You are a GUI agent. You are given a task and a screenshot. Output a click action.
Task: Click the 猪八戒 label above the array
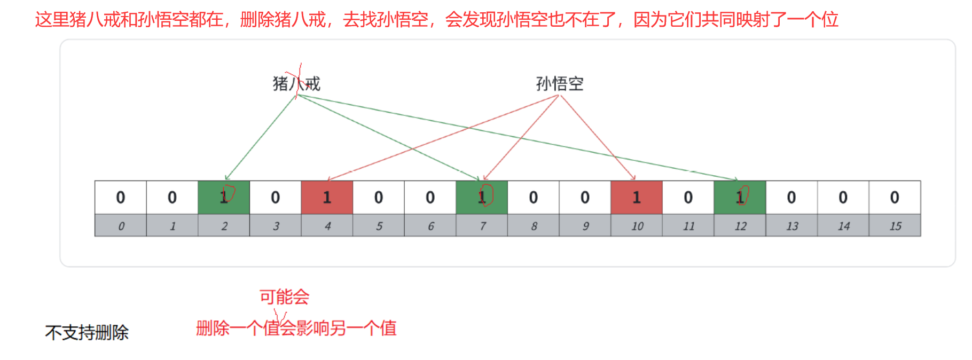click(x=296, y=84)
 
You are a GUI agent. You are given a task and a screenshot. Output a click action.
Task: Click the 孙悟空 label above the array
click(x=560, y=84)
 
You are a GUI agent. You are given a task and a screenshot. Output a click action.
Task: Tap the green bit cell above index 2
click(x=224, y=198)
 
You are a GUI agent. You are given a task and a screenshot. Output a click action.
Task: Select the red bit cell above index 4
click(x=327, y=198)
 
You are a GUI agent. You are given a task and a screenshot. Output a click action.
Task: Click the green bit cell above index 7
click(x=482, y=198)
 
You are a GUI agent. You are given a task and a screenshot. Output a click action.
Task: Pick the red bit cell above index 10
click(x=637, y=198)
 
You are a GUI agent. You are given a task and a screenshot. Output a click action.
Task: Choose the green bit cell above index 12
click(x=740, y=198)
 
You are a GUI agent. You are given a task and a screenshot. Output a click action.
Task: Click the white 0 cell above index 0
click(x=121, y=198)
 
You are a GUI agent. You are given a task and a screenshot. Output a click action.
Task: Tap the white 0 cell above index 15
click(x=895, y=198)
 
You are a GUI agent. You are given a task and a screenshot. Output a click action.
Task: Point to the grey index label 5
click(x=379, y=226)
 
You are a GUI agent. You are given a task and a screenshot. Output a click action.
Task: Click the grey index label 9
click(x=585, y=226)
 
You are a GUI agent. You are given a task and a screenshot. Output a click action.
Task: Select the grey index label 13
click(x=791, y=226)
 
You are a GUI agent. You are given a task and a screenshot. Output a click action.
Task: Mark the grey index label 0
click(x=121, y=226)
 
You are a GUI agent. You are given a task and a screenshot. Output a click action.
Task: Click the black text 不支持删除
click(x=87, y=333)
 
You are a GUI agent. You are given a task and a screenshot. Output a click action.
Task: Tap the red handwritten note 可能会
click(x=284, y=297)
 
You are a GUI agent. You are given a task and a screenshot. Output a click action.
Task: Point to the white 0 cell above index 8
click(x=534, y=198)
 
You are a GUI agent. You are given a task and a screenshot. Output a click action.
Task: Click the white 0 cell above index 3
click(x=276, y=198)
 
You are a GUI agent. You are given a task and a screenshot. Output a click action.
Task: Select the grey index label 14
click(x=843, y=226)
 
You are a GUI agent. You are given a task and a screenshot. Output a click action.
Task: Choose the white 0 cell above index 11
click(x=688, y=198)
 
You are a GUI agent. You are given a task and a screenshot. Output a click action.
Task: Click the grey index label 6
click(x=430, y=226)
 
